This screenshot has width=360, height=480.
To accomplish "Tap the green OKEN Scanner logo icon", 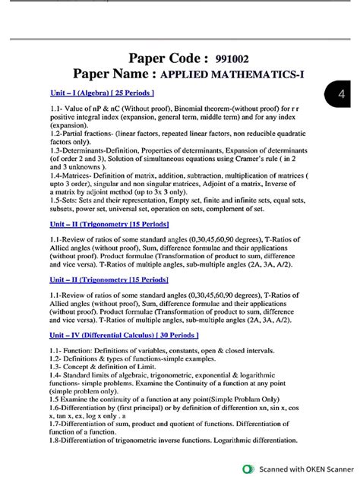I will [x=248, y=469].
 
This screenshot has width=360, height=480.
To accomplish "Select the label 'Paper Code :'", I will [x=168, y=58].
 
